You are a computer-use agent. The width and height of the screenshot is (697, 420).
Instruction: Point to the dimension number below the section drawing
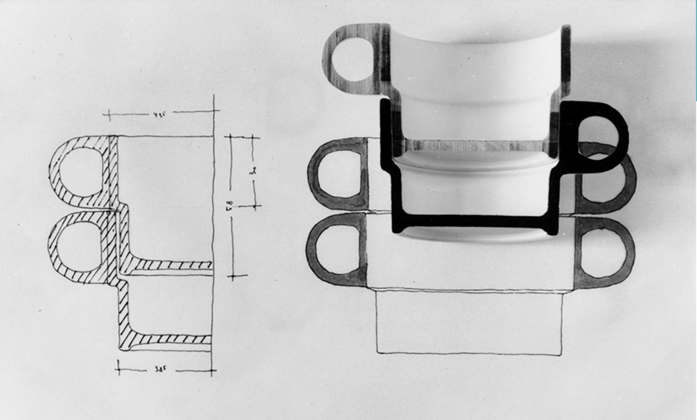click(x=161, y=370)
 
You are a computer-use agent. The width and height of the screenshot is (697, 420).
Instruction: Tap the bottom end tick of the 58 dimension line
click(x=237, y=277)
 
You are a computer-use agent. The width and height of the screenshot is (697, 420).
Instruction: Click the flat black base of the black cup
click(x=474, y=222)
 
